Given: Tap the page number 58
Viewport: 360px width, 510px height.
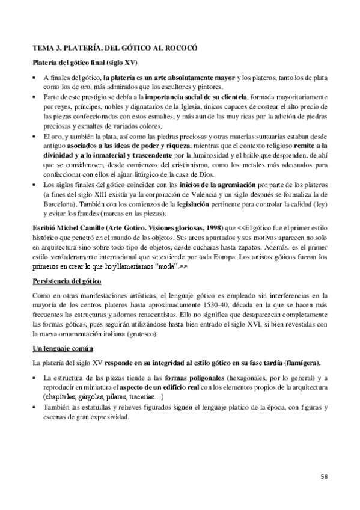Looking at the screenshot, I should tap(324, 477).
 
